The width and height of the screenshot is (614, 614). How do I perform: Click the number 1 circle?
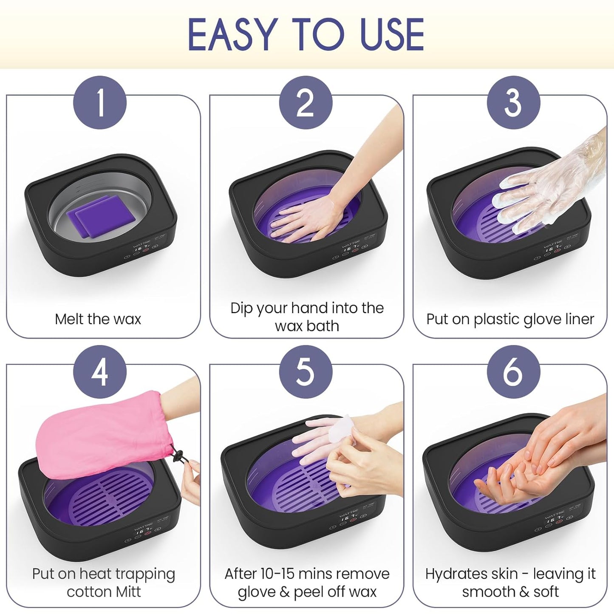point(100,103)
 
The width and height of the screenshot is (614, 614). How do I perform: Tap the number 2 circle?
point(306,103)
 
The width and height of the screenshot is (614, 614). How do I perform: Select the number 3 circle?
point(513,103)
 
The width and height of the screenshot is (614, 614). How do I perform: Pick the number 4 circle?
point(100,372)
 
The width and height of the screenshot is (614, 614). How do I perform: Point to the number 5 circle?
point(306,372)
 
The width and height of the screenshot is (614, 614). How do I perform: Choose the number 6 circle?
point(513,372)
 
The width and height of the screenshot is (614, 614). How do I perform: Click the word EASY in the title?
point(232,35)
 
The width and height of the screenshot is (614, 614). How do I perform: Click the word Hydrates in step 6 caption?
point(450,574)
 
